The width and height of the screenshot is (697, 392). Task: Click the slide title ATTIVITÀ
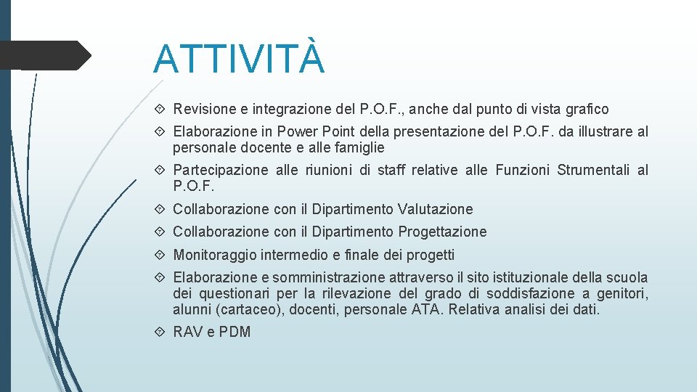[x=239, y=59]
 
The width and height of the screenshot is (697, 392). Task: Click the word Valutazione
[x=435, y=209]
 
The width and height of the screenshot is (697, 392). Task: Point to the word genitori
[x=621, y=294]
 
